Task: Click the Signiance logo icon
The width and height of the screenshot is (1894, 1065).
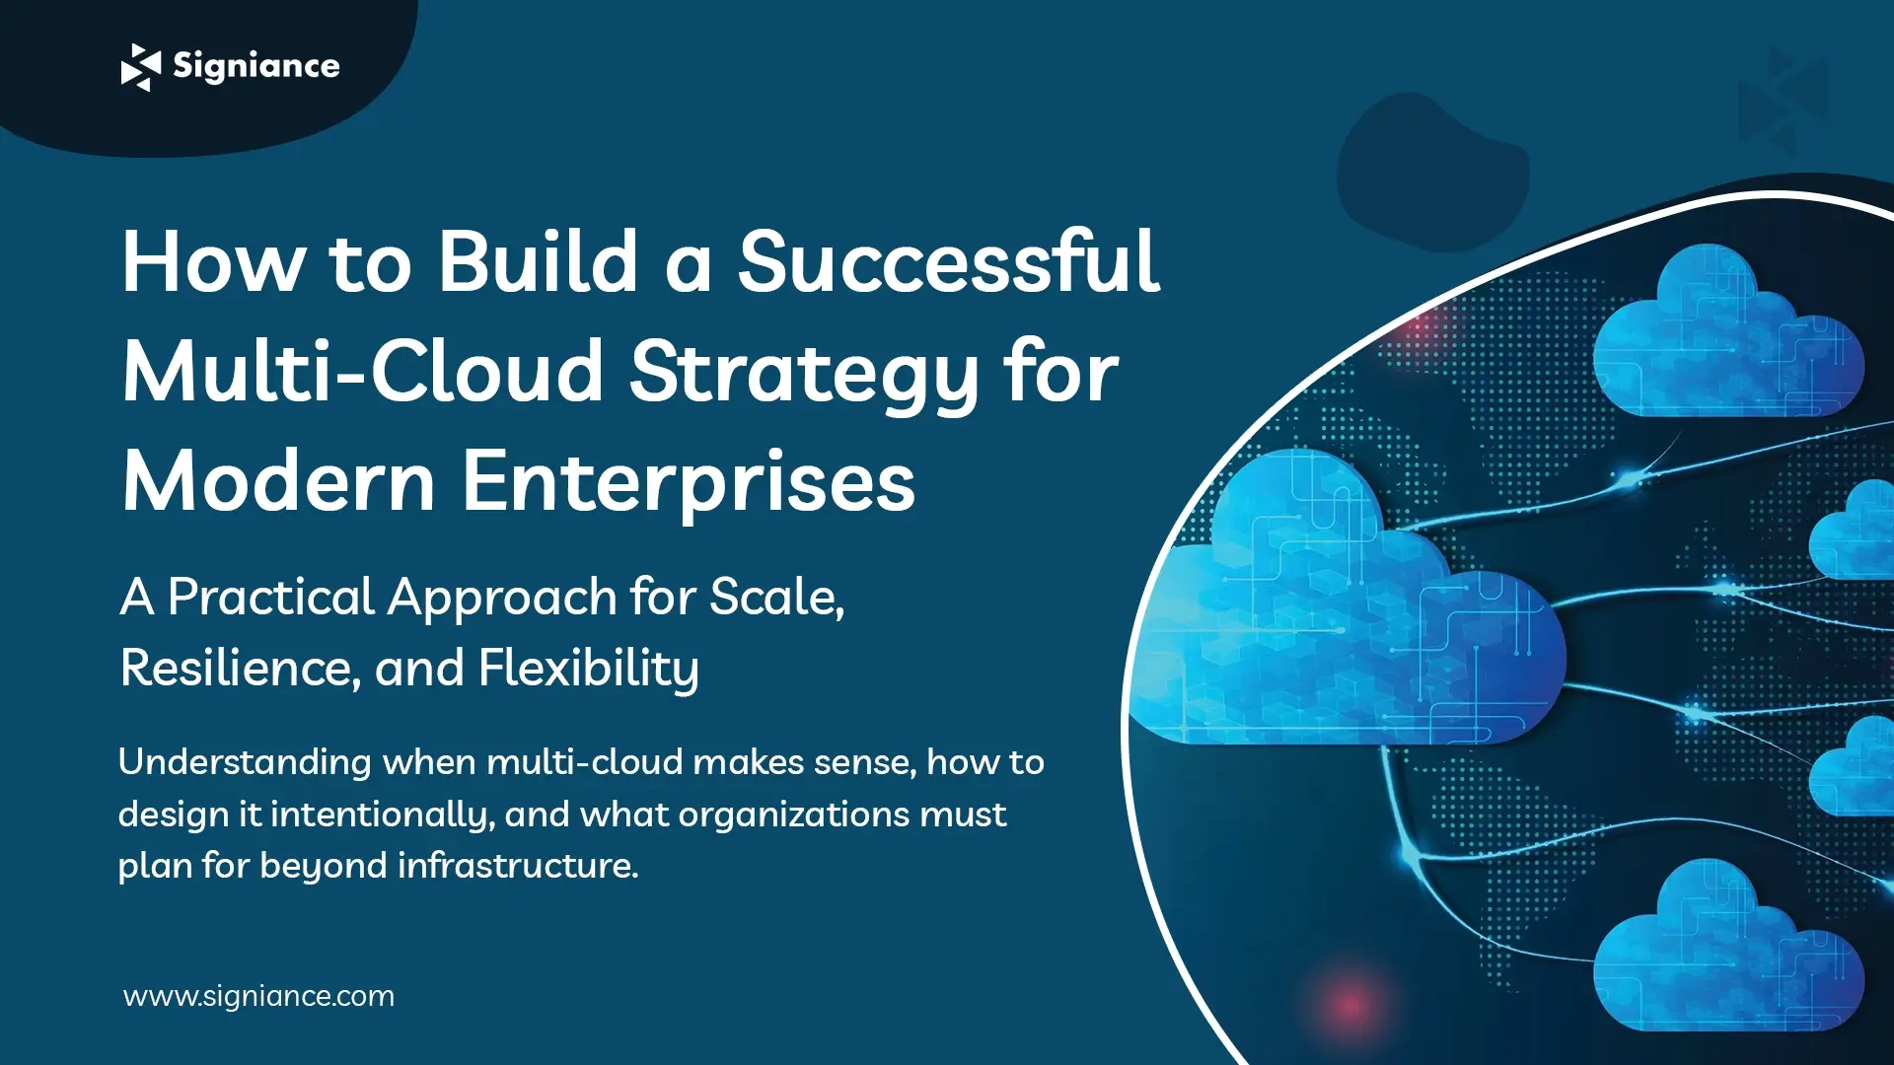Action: [x=140, y=67]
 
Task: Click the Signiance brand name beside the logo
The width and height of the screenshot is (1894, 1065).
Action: [x=256, y=66]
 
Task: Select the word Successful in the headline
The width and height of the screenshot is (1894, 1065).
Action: [x=948, y=262]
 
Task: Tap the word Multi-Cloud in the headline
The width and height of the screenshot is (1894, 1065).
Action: [x=362, y=373]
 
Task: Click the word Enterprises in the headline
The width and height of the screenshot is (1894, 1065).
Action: [x=689, y=483]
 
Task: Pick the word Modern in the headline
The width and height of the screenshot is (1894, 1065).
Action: [x=278, y=483]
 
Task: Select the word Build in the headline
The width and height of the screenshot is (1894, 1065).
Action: [x=538, y=262]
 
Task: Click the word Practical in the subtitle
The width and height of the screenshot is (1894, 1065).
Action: [x=270, y=598]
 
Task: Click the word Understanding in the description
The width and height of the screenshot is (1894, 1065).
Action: [x=245, y=762]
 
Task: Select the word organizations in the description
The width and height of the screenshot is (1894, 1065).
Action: [x=794, y=815]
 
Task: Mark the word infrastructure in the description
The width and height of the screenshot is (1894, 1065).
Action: [x=518, y=866]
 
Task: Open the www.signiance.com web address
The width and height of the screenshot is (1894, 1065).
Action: [x=258, y=996]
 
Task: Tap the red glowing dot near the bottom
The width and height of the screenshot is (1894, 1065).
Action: [x=1348, y=1006]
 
